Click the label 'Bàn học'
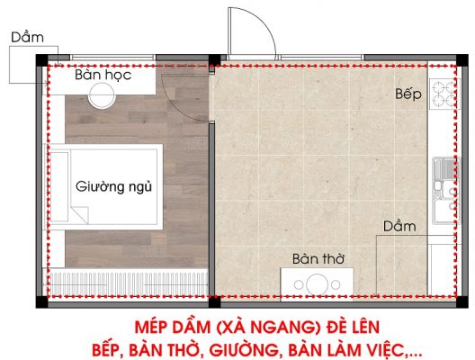[103, 77]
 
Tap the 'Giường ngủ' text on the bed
[112, 188]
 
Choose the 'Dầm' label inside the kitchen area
[399, 226]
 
